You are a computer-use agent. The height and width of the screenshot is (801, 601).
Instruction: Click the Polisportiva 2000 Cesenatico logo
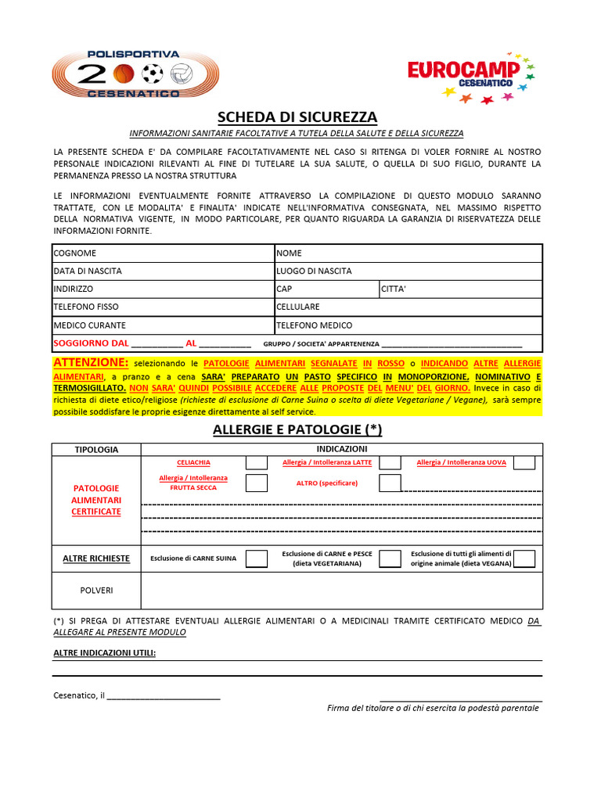pos(135,74)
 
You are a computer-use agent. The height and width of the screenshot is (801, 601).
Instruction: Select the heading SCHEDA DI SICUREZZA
pos(297,117)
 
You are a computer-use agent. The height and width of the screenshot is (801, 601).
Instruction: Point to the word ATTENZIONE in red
pos(90,363)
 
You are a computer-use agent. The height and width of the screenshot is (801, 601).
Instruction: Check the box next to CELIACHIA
pos(256,463)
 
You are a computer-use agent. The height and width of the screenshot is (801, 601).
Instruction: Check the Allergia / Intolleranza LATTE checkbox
pos(390,463)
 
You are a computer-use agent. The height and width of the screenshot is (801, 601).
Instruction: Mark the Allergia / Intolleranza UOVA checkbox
pos(524,463)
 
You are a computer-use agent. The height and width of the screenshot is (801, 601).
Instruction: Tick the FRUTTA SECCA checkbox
pos(256,483)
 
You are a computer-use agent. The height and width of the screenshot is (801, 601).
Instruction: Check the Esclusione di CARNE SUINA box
pos(256,559)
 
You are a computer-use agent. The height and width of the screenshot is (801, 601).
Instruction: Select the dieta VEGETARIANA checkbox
pos(390,559)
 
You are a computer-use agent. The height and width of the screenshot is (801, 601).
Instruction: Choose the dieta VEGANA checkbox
pos(524,559)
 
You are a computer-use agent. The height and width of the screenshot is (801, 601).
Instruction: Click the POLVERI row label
pos(96,591)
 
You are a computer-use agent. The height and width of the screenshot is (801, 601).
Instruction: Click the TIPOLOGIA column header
pos(96,450)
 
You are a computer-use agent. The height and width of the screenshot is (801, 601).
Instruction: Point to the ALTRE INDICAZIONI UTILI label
pos(104,653)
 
